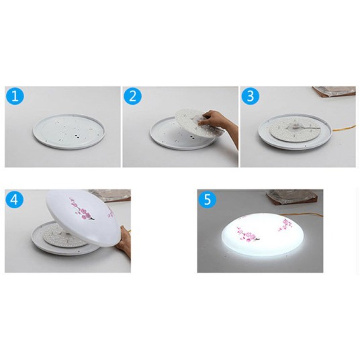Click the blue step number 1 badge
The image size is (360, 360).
click(x=16, y=96)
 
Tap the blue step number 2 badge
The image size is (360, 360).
click(x=133, y=96)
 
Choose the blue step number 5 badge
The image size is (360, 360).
click(x=208, y=200)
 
